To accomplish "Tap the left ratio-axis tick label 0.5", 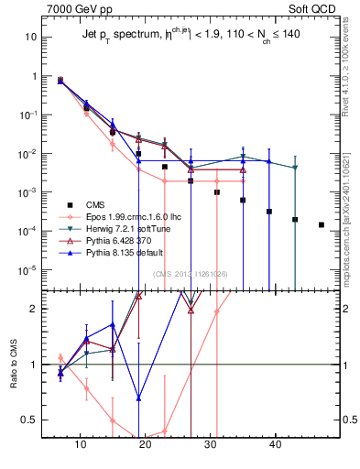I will coord(30,420).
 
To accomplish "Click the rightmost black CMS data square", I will coord(321,224).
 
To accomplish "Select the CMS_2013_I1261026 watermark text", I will coord(191,274).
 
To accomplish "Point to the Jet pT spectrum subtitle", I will coord(188,34).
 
